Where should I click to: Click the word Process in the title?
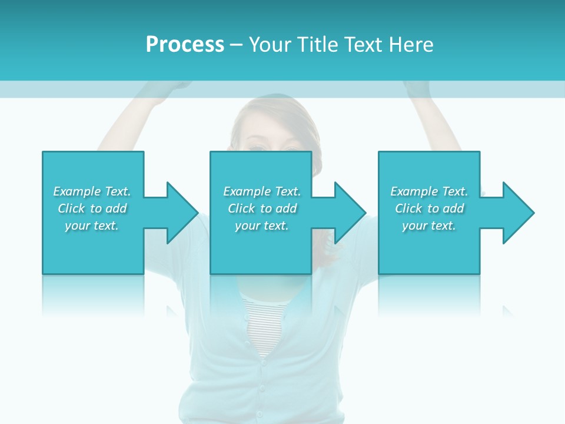(x=185, y=45)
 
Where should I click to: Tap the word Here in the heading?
(x=410, y=45)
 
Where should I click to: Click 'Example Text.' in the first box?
(x=92, y=191)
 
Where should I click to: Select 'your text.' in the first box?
(x=92, y=226)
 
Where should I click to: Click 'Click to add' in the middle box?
(x=262, y=208)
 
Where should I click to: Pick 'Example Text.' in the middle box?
(x=262, y=191)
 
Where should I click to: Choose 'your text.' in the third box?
(x=429, y=226)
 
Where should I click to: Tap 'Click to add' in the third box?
(x=429, y=208)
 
